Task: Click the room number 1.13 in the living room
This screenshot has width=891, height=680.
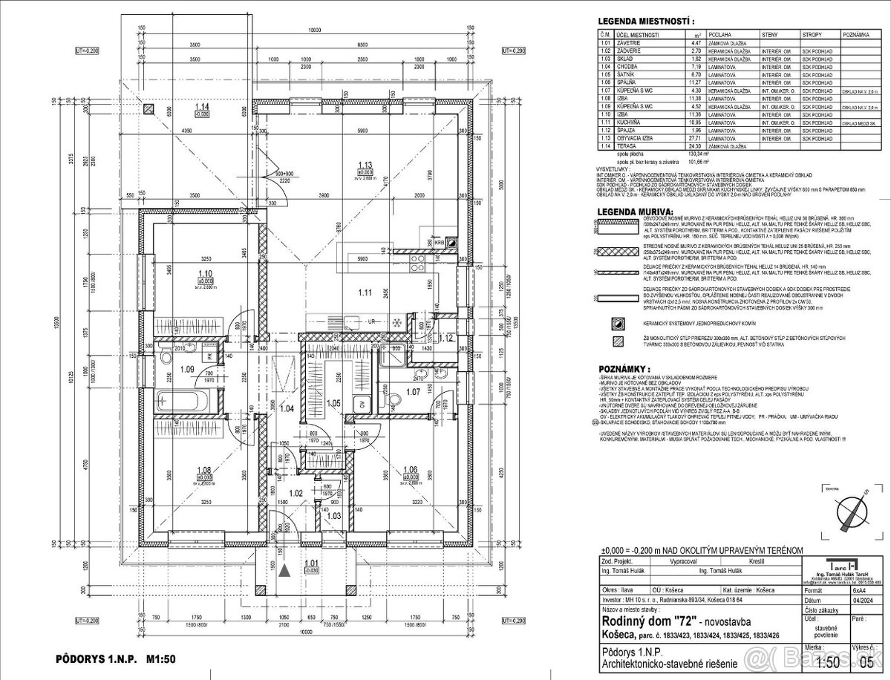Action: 365,166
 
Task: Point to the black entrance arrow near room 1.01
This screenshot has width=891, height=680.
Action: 284,569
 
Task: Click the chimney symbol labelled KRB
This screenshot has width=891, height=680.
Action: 440,242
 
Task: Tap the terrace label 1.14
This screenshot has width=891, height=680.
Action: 201,107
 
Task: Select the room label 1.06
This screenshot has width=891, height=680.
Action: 410,469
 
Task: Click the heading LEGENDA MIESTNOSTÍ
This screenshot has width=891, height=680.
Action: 644,22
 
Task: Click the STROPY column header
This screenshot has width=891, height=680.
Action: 811,35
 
